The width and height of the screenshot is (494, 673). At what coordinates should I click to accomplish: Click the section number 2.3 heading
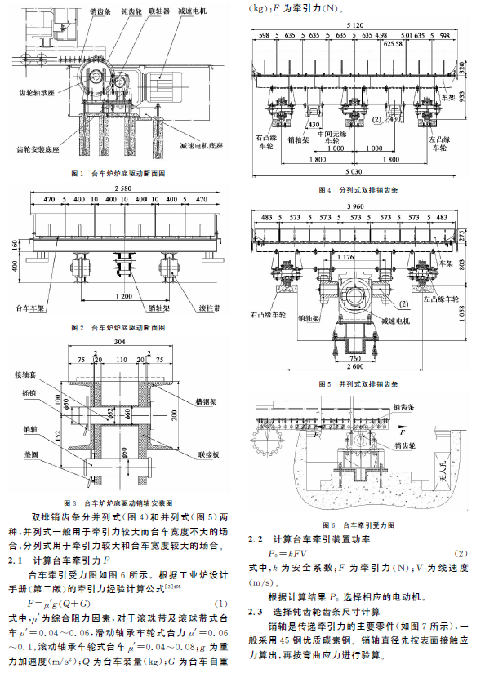(260, 611)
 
